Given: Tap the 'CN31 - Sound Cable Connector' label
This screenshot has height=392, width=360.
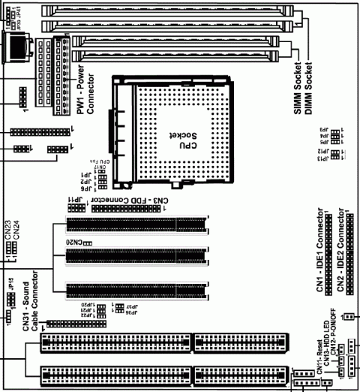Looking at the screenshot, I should [29, 315].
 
